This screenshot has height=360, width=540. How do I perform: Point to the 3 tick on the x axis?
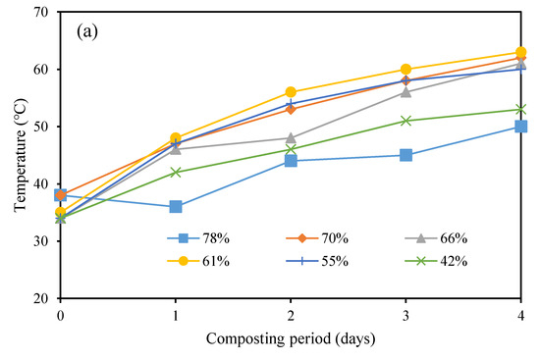pyautogui.click(x=405, y=316)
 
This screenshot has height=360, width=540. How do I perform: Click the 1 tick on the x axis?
pyautogui.click(x=175, y=316)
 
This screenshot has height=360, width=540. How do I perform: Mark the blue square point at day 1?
pyautogui.click(x=176, y=207)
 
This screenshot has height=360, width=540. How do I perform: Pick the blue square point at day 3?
pyautogui.click(x=405, y=155)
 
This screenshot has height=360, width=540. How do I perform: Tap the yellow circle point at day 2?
pyautogui.click(x=291, y=92)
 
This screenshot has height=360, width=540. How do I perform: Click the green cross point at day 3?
pyautogui.click(x=405, y=121)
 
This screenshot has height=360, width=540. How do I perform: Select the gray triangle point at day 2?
pyautogui.click(x=291, y=138)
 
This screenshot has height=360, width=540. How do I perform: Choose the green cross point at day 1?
pyautogui.click(x=176, y=172)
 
